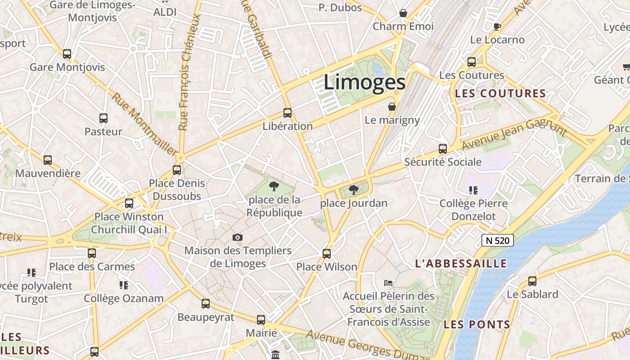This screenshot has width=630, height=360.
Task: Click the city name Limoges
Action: coord(364,82)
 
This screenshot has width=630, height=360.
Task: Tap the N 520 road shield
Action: coord(498,240)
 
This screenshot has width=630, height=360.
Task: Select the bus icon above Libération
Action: coord(288,113)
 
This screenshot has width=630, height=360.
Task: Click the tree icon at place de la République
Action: coord(274,186)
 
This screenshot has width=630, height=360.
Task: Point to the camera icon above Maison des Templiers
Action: coord(238,237)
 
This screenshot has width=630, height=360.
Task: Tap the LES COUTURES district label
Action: coord(500,94)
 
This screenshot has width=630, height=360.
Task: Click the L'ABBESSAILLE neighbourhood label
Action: coord(461,264)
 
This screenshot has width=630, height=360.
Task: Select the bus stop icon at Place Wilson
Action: coord(327,254)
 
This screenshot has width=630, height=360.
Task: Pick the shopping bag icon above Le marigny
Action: coord(392,107)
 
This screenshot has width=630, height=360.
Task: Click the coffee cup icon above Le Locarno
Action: coord(497,27)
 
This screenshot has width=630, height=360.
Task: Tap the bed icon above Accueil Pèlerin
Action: coord(388,283)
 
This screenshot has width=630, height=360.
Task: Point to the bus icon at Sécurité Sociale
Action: coord(443,149)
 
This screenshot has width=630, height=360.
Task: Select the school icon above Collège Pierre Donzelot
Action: coord(473,190)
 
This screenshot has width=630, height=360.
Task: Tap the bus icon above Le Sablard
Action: coord(532,281)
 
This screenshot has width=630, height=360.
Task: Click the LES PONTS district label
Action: coord(477,324)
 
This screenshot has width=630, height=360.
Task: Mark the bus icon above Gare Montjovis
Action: coord(67,54)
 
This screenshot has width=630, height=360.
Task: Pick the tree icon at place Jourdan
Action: coord(354,190)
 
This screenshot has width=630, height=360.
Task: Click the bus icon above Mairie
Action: coord(261,320)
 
